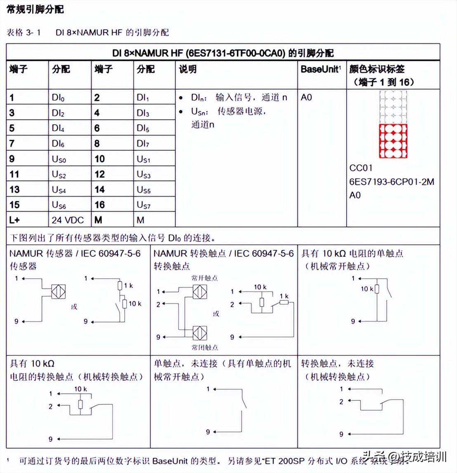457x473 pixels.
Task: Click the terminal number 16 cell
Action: pyautogui.click(x=100, y=205)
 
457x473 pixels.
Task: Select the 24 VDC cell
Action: pyautogui.click(x=65, y=220)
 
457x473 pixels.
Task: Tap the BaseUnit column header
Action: pyautogui.click(x=320, y=69)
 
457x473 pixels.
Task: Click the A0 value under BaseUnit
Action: pyautogui.click(x=306, y=97)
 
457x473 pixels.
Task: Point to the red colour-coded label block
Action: pyautogui.click(x=393, y=141)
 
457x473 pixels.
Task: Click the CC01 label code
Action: pyautogui.click(x=361, y=168)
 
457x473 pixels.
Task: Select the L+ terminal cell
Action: pyautogui.click(x=14, y=220)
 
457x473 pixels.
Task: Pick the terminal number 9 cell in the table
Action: pyautogui.click(x=12, y=159)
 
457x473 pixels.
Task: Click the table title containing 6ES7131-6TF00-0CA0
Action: pyautogui.click(x=223, y=53)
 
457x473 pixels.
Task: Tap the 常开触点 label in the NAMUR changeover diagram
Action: pyautogui.click(x=205, y=278)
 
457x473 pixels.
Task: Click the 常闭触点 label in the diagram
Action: pyautogui.click(x=205, y=348)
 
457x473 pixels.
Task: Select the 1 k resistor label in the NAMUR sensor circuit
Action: pyautogui.click(x=128, y=285)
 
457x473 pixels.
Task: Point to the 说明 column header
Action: pyautogui.click(x=188, y=69)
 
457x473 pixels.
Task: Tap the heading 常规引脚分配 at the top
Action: pyautogui.click(x=35, y=9)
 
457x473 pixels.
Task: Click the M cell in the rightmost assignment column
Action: pyautogui.click(x=141, y=220)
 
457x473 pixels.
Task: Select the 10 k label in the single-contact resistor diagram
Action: pyautogui.click(x=367, y=289)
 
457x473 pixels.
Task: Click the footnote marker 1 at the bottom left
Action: pyautogui.click(x=8, y=459)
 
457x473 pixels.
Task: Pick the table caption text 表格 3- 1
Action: pyautogui.click(x=24, y=32)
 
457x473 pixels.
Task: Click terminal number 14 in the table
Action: pyautogui.click(x=100, y=189)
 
